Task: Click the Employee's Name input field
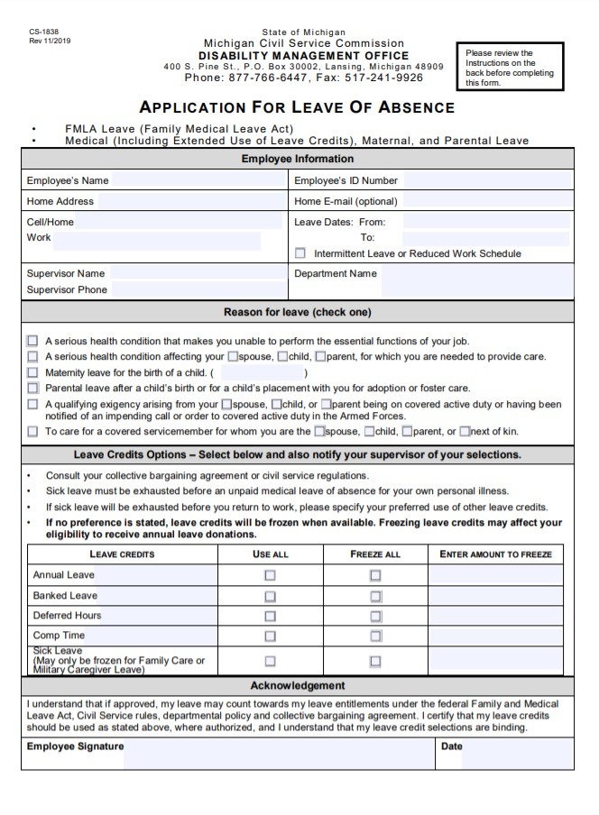pos(197,180)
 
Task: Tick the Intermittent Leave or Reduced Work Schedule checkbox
pos(300,254)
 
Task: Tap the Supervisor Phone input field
pos(197,290)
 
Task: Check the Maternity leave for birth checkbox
pos(33,372)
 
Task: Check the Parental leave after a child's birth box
pos(33,388)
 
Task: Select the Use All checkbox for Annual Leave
pos(270,575)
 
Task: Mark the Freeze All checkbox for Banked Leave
pos(375,596)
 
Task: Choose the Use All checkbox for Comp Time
pos(270,636)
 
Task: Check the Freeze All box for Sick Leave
pos(375,661)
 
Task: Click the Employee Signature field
pos(278,754)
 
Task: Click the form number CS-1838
pos(43,32)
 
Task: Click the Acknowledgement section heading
pos(297,686)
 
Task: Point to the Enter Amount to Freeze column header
pos(495,554)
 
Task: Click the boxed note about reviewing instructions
pos(510,68)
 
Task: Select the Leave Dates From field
pos(485,222)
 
